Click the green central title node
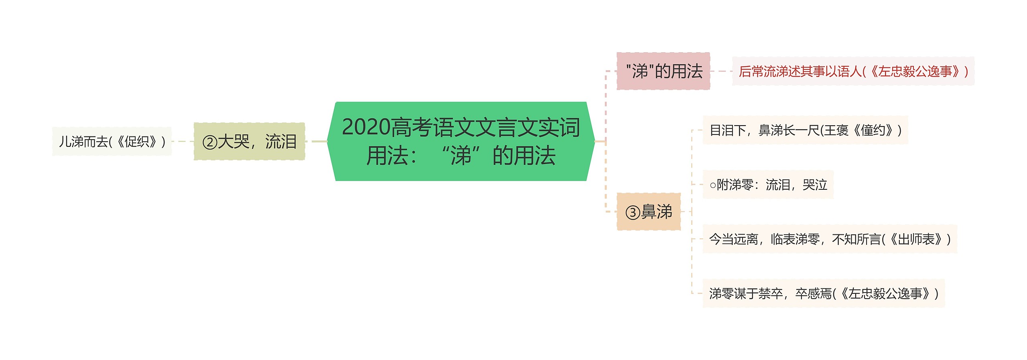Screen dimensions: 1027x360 pos(461,141)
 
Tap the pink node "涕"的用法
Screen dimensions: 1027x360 pos(663,71)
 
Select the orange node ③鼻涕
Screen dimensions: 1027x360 pos(648,212)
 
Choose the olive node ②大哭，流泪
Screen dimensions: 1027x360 pos(249,142)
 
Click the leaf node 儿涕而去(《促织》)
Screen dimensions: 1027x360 pos(112,141)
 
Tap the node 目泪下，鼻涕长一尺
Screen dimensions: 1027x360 pos(805,130)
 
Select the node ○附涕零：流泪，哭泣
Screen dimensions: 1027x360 pos(768,185)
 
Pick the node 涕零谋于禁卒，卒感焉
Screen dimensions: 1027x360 pos(823,293)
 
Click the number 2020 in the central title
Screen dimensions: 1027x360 pos(366,127)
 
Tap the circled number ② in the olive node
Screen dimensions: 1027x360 pos(210,142)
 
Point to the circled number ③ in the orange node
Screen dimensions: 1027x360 pos(633,212)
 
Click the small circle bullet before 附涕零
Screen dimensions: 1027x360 pos(712,185)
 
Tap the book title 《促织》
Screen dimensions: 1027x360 pos(136,141)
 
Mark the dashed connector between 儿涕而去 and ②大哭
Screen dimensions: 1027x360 pos(183,141)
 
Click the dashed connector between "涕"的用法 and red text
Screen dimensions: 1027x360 pos(721,71)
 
